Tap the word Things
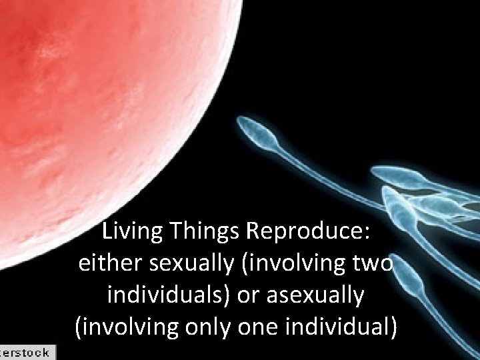pos(206,233)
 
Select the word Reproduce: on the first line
pos(309,233)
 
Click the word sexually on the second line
pos(185,264)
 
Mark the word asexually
pos(315,295)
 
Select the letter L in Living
pos(107,233)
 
